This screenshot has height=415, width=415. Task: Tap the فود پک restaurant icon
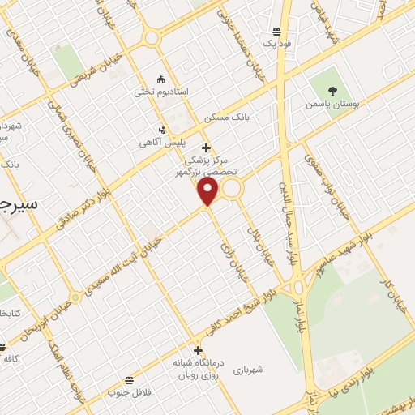pyautogui.click(x=277, y=32)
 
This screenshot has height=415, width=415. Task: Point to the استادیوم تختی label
pyautogui.click(x=161, y=92)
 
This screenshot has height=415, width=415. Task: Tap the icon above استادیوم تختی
pyautogui.click(x=160, y=79)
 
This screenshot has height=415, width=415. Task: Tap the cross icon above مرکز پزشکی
pyautogui.click(x=206, y=148)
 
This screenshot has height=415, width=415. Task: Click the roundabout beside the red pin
pyautogui.click(x=233, y=189)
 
